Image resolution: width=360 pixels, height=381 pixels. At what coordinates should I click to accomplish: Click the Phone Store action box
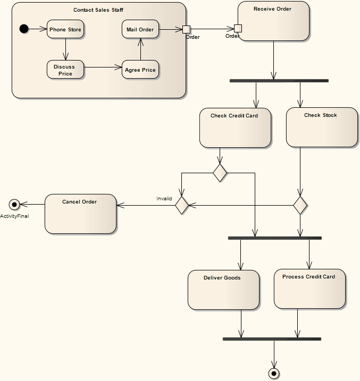65,29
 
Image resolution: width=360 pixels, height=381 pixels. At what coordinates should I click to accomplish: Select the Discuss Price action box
65,70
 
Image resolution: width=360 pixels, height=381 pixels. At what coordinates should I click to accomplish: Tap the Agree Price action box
140,70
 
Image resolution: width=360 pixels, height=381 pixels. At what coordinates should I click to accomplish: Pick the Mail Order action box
140,29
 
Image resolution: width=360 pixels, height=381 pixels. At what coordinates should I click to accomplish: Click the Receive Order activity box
273,21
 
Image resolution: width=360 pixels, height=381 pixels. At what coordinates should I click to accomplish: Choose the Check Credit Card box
235,128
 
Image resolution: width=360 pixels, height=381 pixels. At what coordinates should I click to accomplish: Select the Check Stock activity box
322,128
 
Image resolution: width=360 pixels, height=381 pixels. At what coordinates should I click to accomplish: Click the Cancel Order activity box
80,214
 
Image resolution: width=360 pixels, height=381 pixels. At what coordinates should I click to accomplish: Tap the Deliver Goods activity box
223,290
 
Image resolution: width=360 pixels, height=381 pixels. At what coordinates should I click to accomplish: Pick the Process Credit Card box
309,289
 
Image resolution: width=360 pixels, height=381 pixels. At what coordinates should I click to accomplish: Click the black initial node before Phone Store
24,29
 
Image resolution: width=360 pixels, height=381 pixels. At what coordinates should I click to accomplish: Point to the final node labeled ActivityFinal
14,204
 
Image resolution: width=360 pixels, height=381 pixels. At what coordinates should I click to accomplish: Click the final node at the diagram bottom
274,374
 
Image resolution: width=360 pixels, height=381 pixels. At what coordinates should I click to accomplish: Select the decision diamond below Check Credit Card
220,173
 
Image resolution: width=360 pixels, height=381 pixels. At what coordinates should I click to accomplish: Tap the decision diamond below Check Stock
300,205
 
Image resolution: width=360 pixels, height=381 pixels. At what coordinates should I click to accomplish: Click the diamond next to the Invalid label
182,205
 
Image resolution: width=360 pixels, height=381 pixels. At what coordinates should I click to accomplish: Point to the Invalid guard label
164,199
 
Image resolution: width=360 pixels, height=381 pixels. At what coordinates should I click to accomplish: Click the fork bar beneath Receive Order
279,81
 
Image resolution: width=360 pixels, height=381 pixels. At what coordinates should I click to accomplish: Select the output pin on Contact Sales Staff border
186,29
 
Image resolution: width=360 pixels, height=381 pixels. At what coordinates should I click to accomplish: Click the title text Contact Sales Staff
98,10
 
